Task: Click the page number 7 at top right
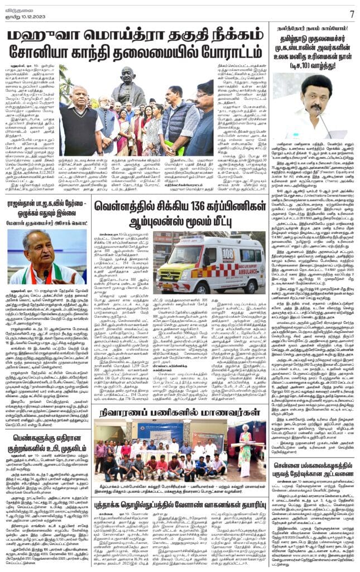click(x=352, y=13)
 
